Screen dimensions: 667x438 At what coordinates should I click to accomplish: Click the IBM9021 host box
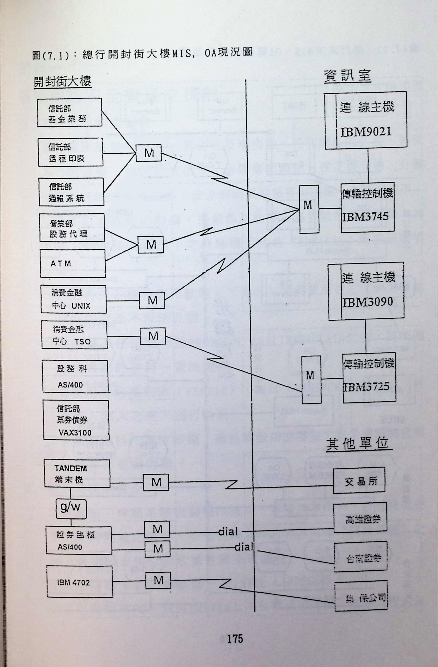366,121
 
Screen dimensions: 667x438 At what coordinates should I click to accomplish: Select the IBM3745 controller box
367,208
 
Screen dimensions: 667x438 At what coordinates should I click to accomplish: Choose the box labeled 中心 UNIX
73,299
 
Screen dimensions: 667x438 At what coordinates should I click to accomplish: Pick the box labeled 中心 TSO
74,335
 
